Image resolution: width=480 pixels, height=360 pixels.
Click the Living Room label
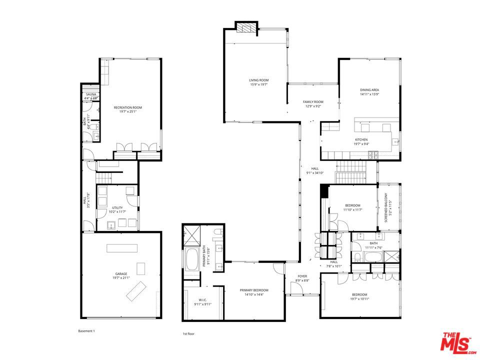(x=259, y=80)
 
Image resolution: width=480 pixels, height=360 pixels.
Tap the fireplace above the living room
(x=246, y=28)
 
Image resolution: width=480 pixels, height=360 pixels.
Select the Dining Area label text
(x=370, y=90)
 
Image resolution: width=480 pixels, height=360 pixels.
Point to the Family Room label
(x=313, y=101)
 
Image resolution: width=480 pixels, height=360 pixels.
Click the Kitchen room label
(x=361, y=139)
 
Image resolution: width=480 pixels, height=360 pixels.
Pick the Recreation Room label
(x=127, y=107)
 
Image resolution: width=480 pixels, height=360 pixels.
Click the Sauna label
(x=91, y=94)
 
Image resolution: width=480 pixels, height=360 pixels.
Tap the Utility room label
(x=117, y=207)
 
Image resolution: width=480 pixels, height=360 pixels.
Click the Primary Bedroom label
(x=254, y=290)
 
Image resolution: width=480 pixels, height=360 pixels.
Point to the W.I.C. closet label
(x=196, y=299)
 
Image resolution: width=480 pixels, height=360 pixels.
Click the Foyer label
(x=302, y=275)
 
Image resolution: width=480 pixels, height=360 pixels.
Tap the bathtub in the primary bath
(x=192, y=259)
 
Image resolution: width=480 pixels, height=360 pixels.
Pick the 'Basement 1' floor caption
(x=86, y=331)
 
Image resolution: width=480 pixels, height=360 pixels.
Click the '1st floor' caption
(x=188, y=333)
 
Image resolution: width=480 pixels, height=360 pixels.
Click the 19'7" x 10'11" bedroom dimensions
(x=359, y=299)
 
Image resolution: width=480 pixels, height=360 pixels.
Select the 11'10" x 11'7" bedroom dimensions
(x=353, y=209)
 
